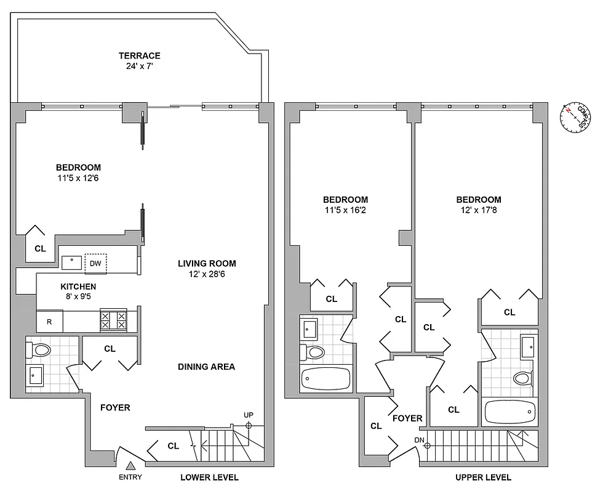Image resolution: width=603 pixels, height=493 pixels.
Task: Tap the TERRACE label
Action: (x=140, y=56)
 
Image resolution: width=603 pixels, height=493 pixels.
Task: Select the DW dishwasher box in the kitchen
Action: (x=95, y=263)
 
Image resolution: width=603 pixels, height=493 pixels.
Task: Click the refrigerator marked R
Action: (x=49, y=321)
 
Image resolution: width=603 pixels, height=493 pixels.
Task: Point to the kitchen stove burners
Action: (x=113, y=320)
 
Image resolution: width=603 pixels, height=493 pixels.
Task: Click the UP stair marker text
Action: (x=249, y=415)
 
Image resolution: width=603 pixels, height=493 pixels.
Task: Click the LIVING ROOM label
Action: (x=207, y=263)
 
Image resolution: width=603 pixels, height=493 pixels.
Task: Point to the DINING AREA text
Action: (x=206, y=367)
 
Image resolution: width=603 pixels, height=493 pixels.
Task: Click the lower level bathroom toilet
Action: (x=40, y=351)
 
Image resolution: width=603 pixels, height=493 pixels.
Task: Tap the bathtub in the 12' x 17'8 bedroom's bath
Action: (x=510, y=412)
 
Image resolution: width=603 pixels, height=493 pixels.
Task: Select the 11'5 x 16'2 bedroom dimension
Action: (x=345, y=210)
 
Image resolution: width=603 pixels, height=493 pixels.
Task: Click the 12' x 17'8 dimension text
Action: (x=478, y=210)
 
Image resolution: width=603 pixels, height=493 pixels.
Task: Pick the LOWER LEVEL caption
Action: (x=209, y=478)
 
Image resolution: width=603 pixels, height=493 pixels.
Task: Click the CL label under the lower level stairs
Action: (x=173, y=446)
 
